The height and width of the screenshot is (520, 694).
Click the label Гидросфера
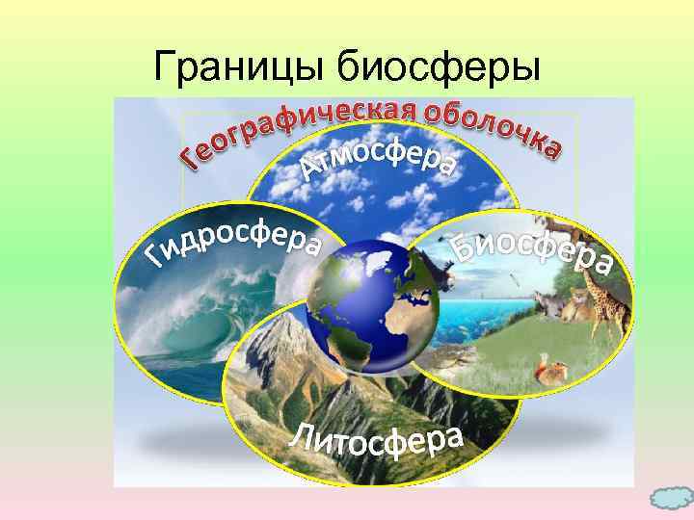click(231, 241)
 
